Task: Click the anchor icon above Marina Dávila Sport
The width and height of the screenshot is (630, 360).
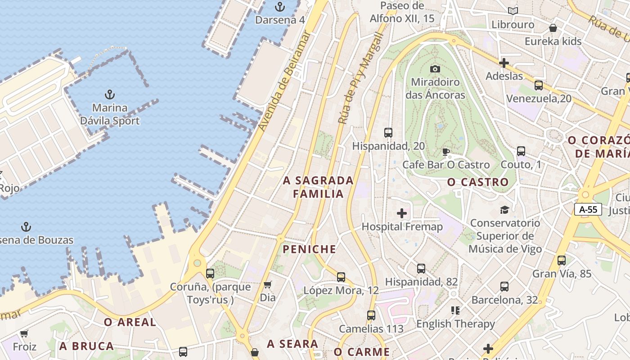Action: tap(109, 94)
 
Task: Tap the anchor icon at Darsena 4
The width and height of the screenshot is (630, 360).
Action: tap(280, 7)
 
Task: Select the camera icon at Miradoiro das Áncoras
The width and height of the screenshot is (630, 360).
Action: tap(435, 69)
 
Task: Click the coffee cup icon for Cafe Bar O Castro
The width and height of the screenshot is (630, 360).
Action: tap(445, 151)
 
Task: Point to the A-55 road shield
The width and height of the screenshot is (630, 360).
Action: tap(588, 209)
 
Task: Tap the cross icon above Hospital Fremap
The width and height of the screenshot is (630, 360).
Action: tap(402, 213)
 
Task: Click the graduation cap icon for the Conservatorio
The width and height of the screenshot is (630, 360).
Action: tap(504, 210)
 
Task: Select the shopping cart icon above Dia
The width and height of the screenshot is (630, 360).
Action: tap(267, 284)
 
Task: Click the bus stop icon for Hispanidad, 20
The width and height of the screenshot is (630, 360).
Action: tap(388, 133)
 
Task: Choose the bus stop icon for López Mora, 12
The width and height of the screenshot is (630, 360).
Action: tap(341, 277)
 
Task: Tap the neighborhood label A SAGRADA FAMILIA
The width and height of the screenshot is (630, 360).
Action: tap(319, 187)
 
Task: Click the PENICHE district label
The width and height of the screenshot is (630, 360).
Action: tap(310, 249)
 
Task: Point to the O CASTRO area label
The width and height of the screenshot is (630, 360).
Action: tap(478, 182)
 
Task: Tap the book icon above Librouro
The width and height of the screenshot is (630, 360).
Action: tap(513, 11)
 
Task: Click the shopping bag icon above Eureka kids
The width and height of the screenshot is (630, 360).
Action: tap(553, 28)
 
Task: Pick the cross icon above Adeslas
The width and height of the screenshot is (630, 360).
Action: tap(504, 63)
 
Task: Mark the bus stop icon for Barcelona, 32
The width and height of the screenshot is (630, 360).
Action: tap(504, 287)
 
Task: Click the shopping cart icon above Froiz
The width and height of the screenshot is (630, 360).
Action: tap(24, 333)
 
